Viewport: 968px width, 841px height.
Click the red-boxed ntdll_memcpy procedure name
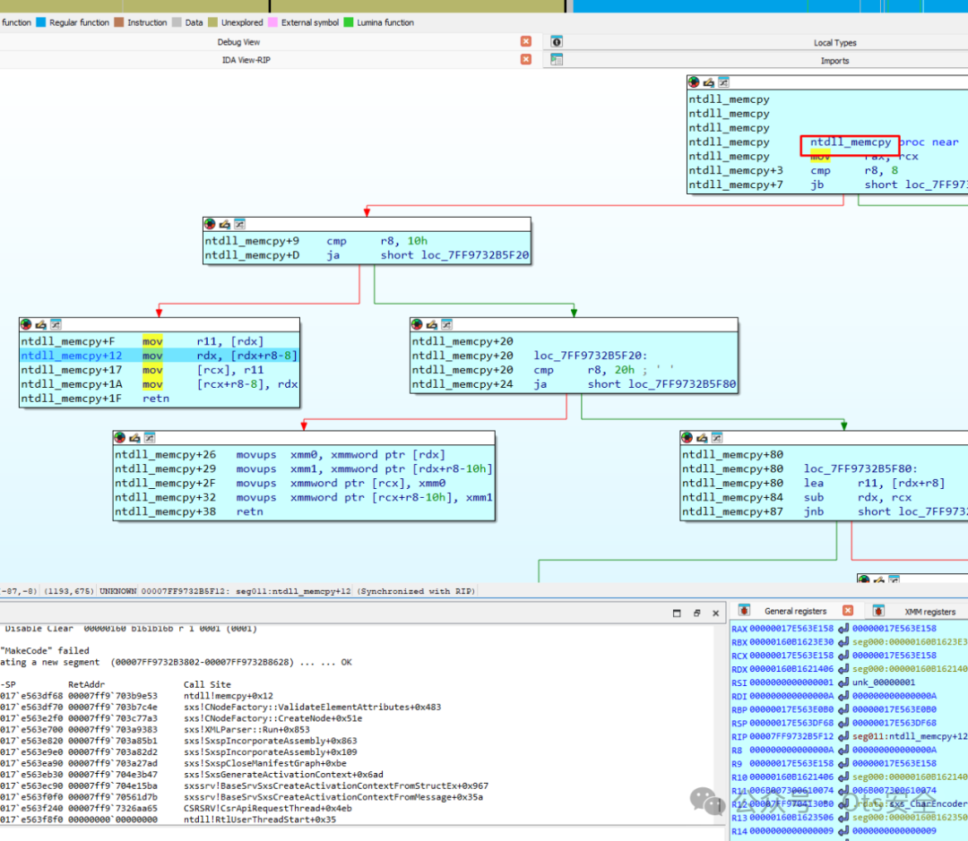coord(850,142)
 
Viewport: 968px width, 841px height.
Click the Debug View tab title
coord(238,42)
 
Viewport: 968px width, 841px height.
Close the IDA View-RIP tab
coord(526,59)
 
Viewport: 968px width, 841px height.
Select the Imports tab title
coord(834,61)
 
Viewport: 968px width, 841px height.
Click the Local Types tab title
coord(834,42)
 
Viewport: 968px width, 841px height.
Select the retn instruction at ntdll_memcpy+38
coord(250,512)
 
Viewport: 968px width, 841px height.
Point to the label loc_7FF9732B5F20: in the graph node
coord(587,356)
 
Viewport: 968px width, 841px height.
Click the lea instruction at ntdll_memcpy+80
coord(813,484)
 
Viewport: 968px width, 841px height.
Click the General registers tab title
coord(795,611)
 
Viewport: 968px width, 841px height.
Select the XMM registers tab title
coord(929,611)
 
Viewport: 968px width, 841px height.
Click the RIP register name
coord(739,737)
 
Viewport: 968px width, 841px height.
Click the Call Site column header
coord(207,684)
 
